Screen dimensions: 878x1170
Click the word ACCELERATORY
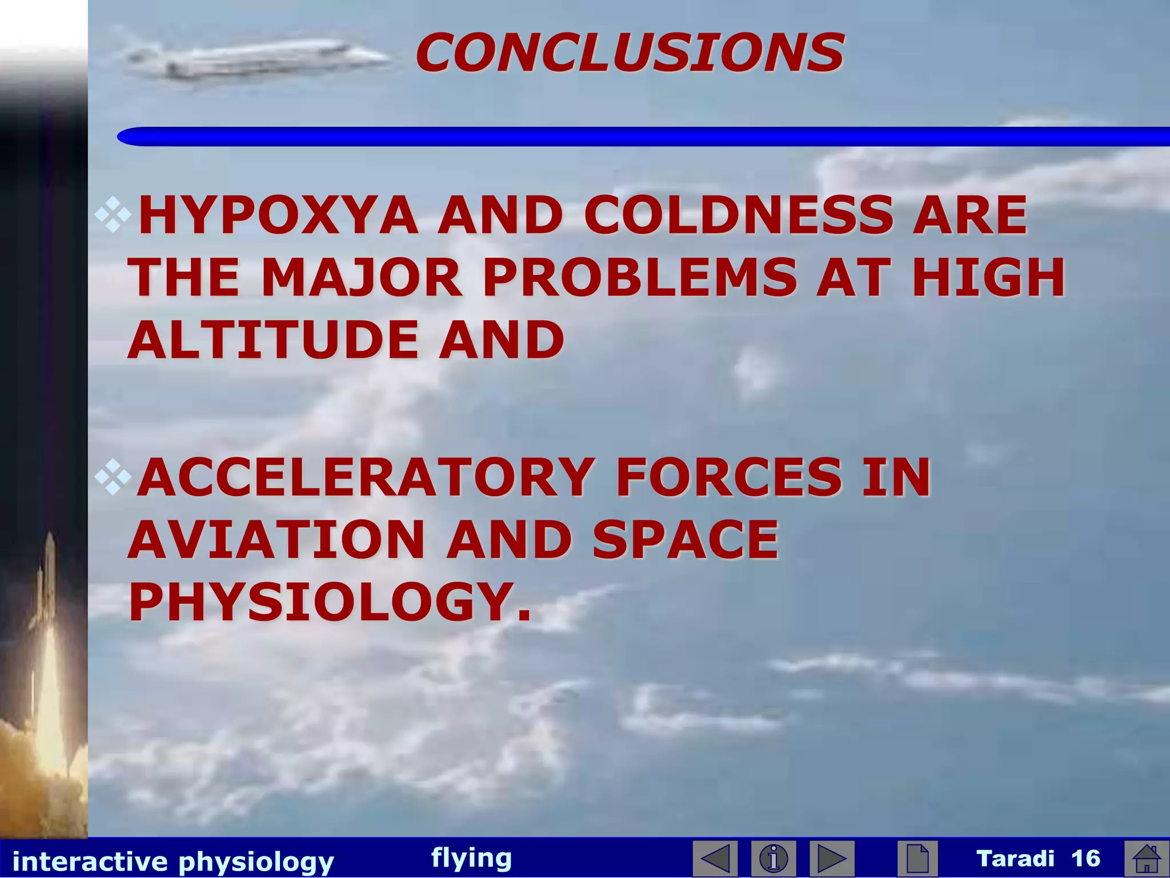[x=366, y=477]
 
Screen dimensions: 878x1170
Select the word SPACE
[x=686, y=540]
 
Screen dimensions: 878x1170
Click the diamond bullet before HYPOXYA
[x=113, y=214]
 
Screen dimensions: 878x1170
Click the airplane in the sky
[x=257, y=58]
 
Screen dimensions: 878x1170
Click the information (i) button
[x=774, y=858]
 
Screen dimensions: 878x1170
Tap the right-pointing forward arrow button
[x=832, y=858]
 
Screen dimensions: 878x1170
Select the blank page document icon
[x=917, y=858]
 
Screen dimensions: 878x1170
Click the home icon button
[x=1146, y=858]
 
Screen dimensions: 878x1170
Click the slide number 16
[x=1085, y=858]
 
